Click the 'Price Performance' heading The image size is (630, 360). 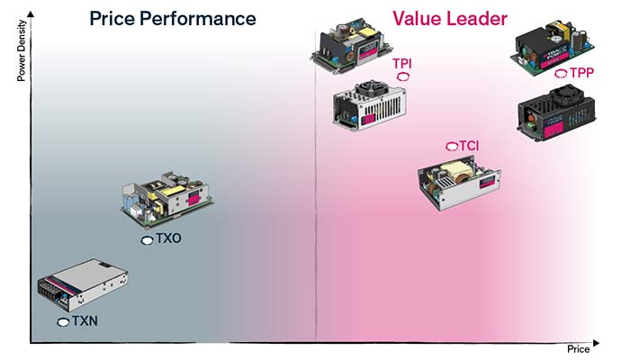click(x=173, y=19)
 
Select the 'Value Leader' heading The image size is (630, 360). click(x=450, y=19)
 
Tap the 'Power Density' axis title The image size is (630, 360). click(x=22, y=50)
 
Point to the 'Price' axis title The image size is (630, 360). click(x=578, y=349)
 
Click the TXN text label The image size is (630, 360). click(x=85, y=321)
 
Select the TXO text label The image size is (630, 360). click(x=169, y=238)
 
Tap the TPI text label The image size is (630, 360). click(x=402, y=64)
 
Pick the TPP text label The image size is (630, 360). click(x=581, y=73)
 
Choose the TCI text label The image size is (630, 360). click(x=469, y=146)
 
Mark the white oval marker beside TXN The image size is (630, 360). click(x=64, y=322)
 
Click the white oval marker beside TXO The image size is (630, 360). click(x=148, y=240)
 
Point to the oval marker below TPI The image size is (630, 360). click(x=403, y=76)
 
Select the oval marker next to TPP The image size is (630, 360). click(x=561, y=73)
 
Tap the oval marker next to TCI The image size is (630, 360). click(x=452, y=147)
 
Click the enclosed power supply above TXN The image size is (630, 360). click(x=83, y=284)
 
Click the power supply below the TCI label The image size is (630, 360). click(x=459, y=183)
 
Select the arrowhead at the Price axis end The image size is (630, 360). click(x=596, y=343)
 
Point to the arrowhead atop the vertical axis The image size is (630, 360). click(x=31, y=14)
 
